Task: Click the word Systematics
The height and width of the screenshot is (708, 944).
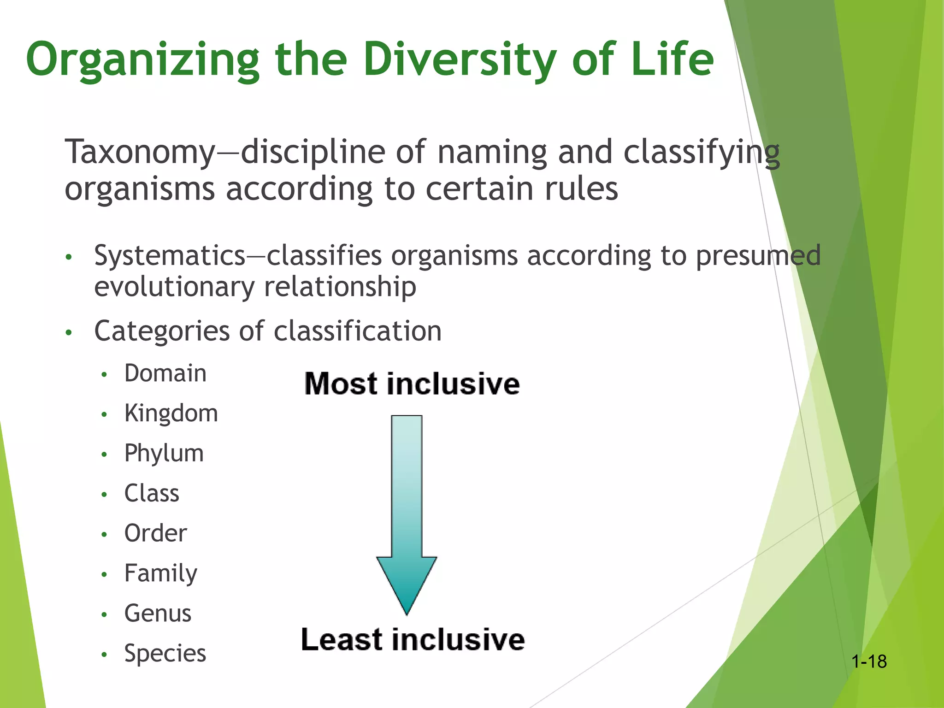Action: point(170,256)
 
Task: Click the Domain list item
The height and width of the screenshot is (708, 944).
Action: point(165,373)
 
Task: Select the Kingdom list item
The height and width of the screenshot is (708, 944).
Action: point(171,413)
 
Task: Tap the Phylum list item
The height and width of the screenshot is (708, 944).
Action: point(164,454)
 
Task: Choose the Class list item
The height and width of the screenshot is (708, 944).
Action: point(152,494)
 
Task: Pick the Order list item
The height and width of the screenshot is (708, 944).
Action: point(155,534)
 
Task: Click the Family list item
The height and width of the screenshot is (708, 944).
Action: point(160,574)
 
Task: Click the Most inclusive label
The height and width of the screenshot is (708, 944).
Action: point(412,384)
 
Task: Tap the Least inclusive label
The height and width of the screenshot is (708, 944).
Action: point(413,640)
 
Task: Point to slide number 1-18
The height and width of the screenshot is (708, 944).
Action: point(869,662)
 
